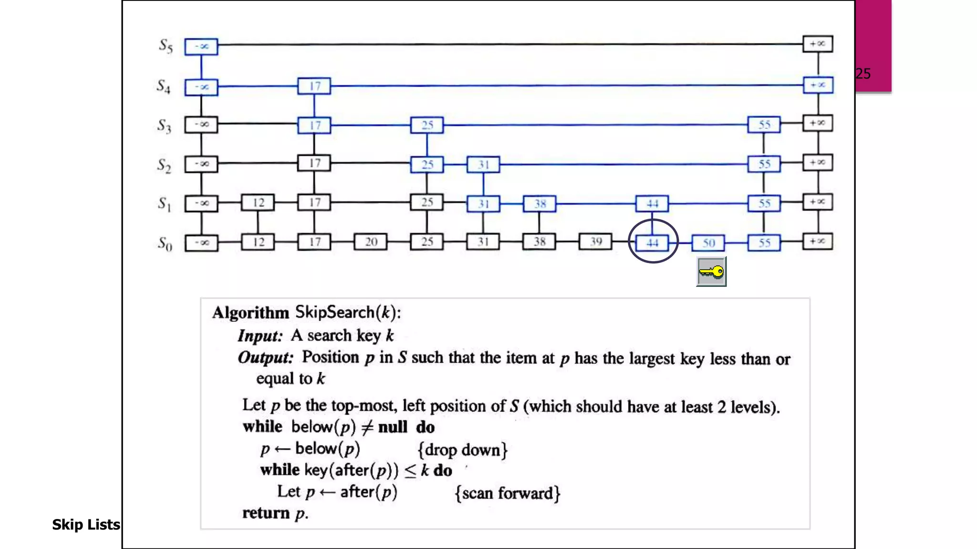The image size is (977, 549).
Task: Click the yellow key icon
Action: click(711, 272)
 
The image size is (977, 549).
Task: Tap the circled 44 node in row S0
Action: click(652, 243)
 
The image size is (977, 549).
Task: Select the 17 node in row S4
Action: click(314, 86)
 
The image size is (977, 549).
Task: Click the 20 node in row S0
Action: click(371, 242)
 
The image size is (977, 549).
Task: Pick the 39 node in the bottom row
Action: click(595, 242)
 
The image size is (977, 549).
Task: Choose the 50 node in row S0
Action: click(708, 243)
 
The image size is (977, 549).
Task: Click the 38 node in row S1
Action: click(540, 204)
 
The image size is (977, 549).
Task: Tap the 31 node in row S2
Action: click(483, 165)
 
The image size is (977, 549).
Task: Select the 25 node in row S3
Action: click(427, 125)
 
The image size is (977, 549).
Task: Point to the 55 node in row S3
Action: click(764, 125)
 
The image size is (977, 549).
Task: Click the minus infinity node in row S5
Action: click(201, 47)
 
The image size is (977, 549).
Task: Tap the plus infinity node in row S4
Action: click(818, 85)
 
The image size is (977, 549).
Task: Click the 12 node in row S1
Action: click(258, 203)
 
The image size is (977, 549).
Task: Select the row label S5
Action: click(166, 46)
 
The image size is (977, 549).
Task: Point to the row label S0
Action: click(165, 244)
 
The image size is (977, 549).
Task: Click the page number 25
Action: click(863, 74)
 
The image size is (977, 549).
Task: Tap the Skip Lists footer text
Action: click(86, 525)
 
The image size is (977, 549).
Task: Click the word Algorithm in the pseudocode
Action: click(250, 313)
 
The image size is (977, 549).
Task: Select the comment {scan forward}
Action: click(508, 493)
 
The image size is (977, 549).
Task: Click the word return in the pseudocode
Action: click(266, 513)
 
